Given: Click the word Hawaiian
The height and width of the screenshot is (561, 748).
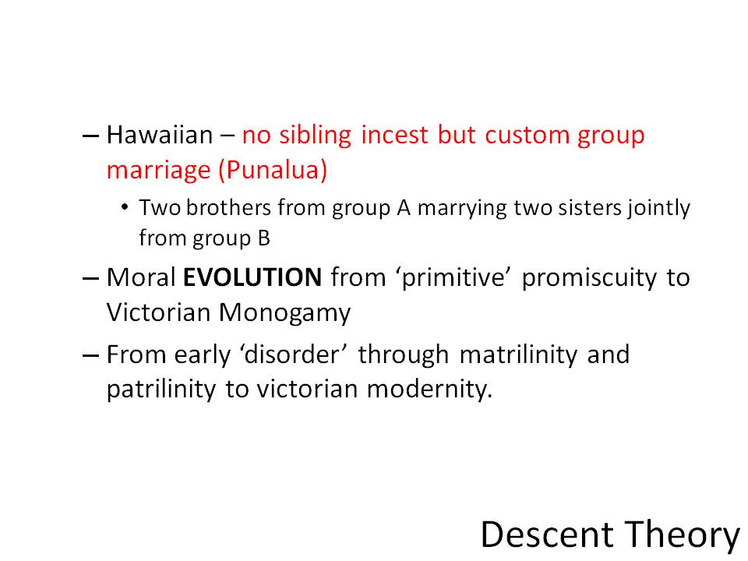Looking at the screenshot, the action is click(159, 135).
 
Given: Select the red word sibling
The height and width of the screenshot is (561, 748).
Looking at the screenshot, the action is click(315, 136).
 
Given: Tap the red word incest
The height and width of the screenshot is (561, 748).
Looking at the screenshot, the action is click(394, 135).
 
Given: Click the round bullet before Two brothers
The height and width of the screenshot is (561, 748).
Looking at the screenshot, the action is click(125, 207).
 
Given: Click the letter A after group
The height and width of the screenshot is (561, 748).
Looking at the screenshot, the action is click(404, 208).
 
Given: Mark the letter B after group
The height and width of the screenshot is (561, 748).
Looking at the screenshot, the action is click(264, 238).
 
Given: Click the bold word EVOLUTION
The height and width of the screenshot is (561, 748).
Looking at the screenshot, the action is click(252, 277).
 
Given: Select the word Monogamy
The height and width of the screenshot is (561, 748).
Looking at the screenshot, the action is click(285, 314).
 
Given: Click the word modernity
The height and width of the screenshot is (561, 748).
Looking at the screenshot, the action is click(429, 390).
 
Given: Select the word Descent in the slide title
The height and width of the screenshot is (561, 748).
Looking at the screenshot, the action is click(547, 535).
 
